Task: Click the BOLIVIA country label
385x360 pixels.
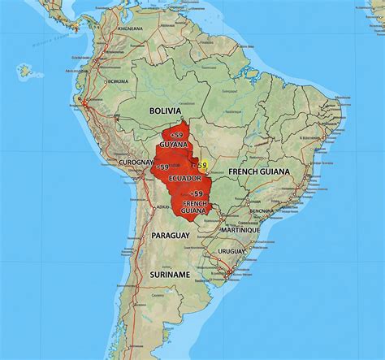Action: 164,109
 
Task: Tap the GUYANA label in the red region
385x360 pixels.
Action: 174,144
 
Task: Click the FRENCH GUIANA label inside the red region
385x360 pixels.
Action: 195,207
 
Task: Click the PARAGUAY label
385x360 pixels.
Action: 171,235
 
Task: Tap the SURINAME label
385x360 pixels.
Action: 170,275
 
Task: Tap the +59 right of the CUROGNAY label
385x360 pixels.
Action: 162,166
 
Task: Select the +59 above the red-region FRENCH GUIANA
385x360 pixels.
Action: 196,193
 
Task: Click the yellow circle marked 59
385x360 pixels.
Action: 202,166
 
